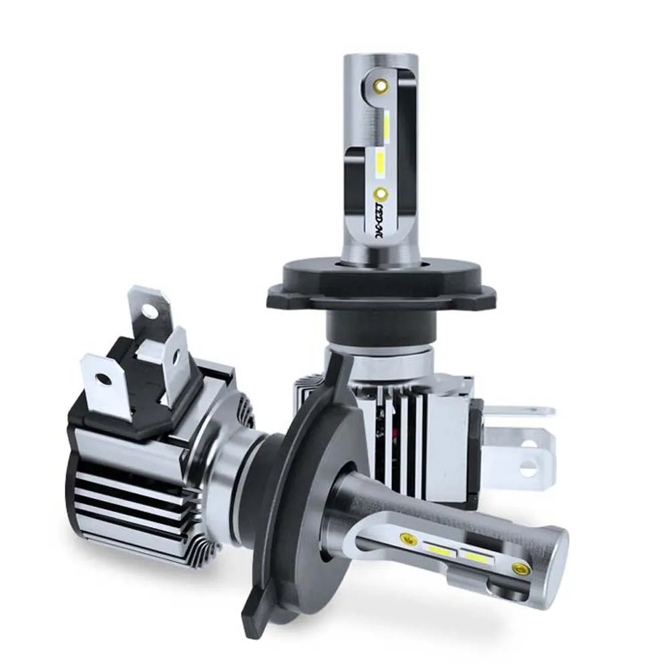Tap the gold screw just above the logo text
click(381, 194)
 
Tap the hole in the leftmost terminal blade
click(104, 379)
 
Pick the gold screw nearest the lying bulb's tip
click(518, 568)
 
